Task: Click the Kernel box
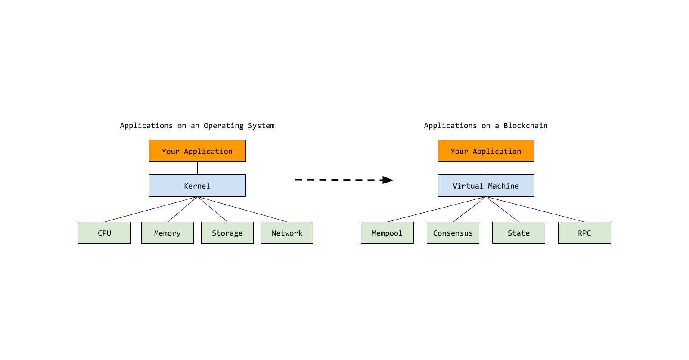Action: [197, 186]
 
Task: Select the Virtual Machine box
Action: [485, 186]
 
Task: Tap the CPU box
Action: [104, 233]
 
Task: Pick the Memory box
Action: [167, 233]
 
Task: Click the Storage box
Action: [227, 233]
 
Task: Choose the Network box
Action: [287, 233]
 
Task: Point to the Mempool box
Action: [387, 233]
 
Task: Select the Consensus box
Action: [453, 233]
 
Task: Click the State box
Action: [518, 233]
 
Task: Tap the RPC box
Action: [584, 233]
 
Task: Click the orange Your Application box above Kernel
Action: [197, 151]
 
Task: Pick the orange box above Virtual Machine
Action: [485, 151]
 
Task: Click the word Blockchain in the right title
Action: [525, 126]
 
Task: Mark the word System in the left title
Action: [261, 126]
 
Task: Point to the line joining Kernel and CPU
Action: [151, 209]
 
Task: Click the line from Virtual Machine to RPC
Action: [535, 209]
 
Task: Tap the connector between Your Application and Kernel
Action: [197, 168]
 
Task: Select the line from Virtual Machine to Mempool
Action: [437, 209]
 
